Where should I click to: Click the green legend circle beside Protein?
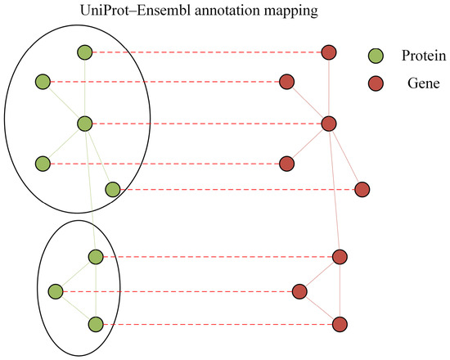[x=376, y=56]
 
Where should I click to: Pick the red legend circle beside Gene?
[x=376, y=83]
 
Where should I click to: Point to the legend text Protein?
[x=424, y=56]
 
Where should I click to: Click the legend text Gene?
[x=424, y=83]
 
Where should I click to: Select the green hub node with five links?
[x=84, y=124]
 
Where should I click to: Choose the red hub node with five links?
[x=329, y=124]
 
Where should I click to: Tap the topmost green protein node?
[x=84, y=52]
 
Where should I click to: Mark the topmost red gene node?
[x=329, y=52]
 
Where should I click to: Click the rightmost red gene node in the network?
[x=362, y=190]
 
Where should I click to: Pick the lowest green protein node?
[x=96, y=324]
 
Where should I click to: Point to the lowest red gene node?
[x=340, y=324]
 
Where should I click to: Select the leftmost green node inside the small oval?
[x=56, y=291]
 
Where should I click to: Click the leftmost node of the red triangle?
[x=299, y=291]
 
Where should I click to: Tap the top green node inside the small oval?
[x=96, y=257]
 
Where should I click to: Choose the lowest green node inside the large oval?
[x=113, y=190]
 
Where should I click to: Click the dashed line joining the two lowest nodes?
[x=218, y=324]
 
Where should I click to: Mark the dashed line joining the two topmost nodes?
[x=207, y=52]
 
